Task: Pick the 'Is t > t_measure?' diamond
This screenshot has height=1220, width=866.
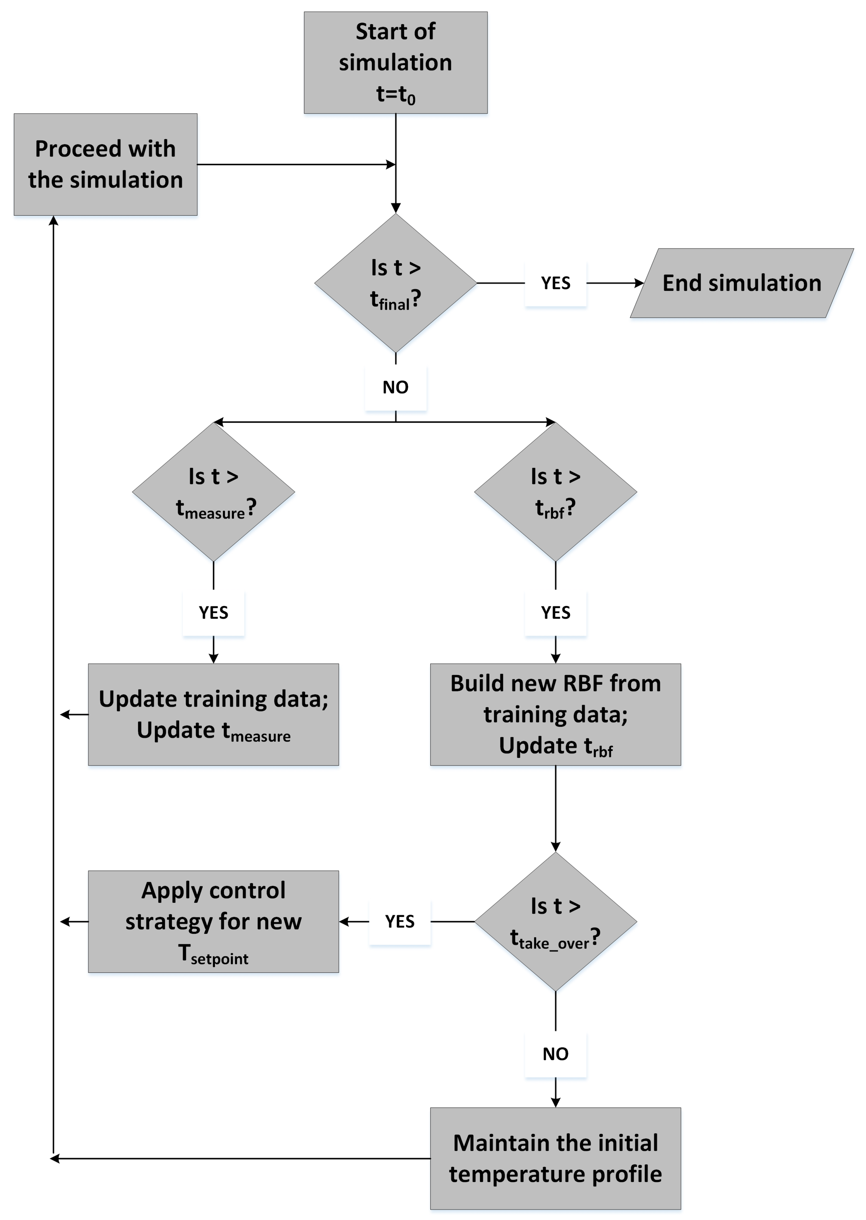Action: tap(213, 491)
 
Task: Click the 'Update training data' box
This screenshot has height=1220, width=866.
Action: tap(213, 714)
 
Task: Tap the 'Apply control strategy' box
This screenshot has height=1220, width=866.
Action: tap(213, 921)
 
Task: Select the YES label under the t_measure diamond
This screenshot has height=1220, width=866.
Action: tap(213, 612)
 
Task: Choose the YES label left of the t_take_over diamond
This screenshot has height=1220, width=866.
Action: tap(400, 921)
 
